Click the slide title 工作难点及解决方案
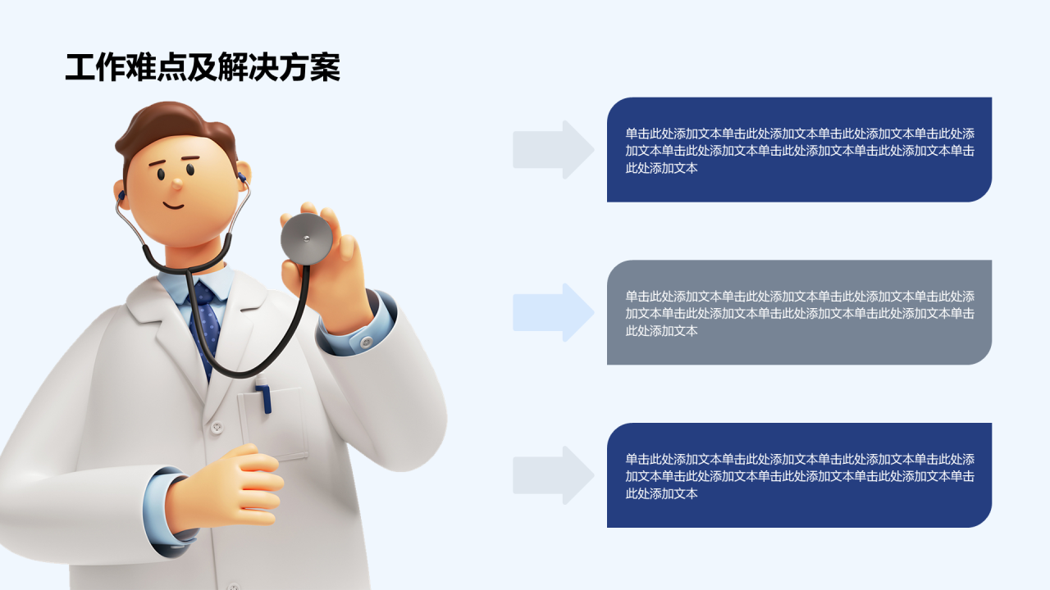point(203,68)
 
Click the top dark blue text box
point(799,150)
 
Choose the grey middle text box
point(799,312)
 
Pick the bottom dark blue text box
point(799,475)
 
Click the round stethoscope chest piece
point(307,238)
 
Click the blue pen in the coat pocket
point(264,397)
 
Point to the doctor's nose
point(176,184)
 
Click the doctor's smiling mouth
point(174,205)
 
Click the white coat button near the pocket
point(217,428)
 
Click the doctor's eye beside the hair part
point(189,170)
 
